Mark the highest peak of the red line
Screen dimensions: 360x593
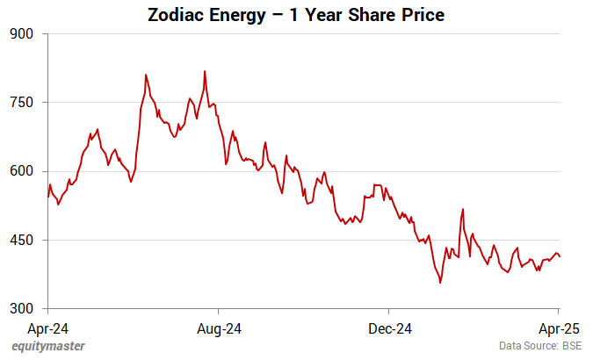pyautogui.click(x=205, y=71)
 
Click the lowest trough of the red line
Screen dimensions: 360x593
pyautogui.click(x=440, y=283)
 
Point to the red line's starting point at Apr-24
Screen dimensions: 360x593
pyautogui.click(x=48, y=197)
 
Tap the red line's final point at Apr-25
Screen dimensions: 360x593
pyautogui.click(x=560, y=256)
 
